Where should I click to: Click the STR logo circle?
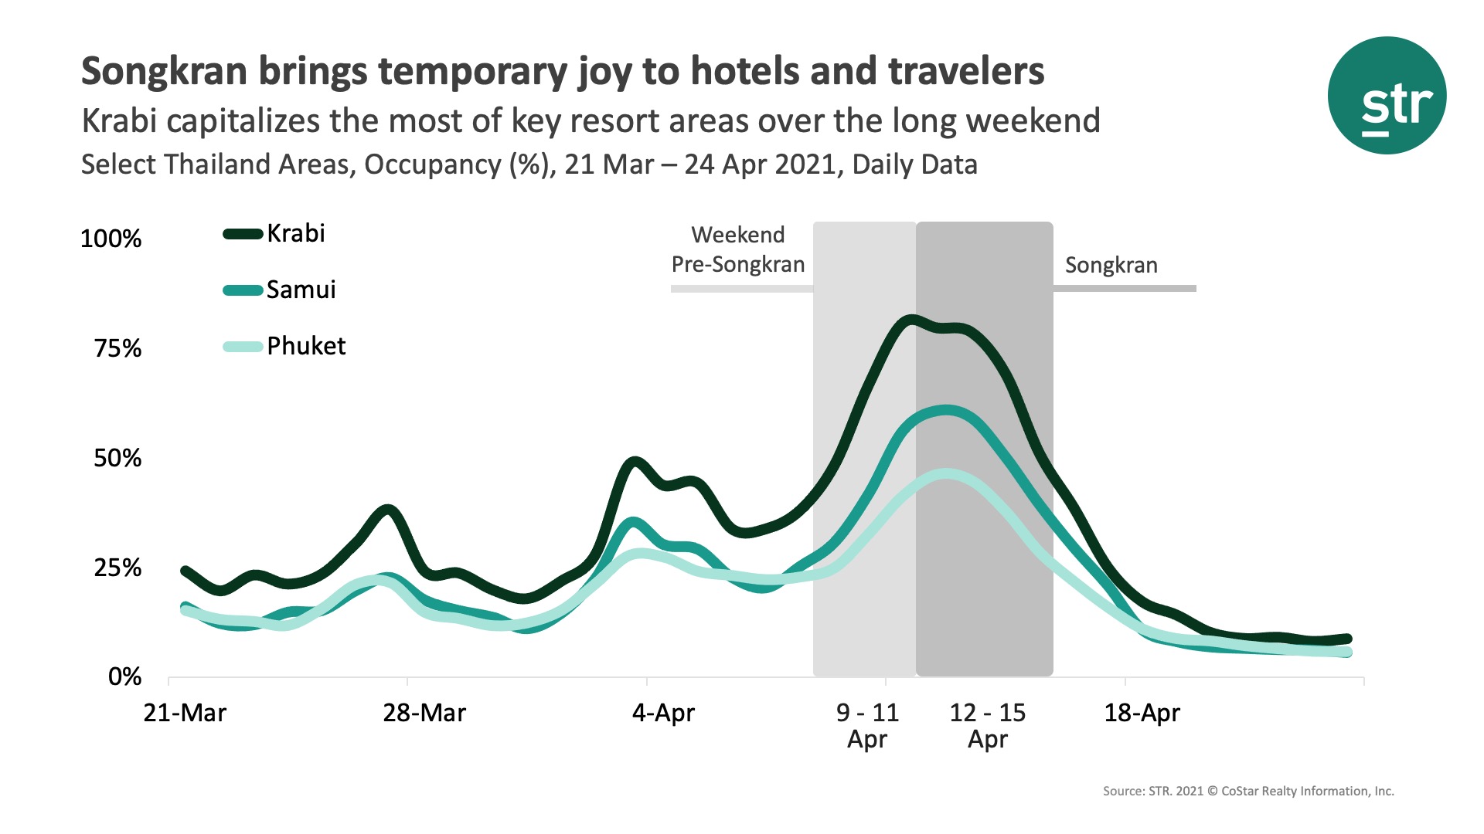1387,96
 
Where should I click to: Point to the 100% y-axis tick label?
111,239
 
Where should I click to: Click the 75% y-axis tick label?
117,348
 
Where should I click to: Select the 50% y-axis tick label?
117,458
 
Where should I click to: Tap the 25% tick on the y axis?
117,568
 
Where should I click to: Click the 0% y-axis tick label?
124,677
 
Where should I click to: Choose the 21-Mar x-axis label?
185,713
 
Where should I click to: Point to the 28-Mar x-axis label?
424,713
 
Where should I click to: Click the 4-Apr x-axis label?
663,713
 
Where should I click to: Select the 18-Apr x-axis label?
1142,713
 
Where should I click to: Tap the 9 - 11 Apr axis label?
867,725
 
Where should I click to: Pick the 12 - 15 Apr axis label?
987,725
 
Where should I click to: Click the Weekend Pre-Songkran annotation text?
738,249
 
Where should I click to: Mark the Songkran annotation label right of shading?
1111,266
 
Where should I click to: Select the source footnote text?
1247,791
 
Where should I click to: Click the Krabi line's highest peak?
910,320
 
